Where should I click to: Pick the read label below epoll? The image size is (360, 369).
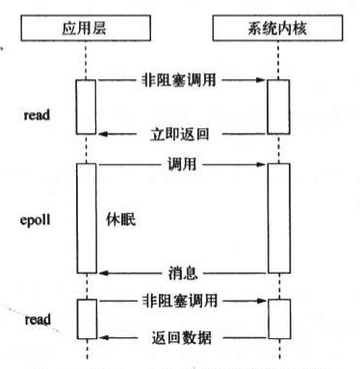click(x=36, y=318)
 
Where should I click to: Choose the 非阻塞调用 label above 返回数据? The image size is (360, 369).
click(x=180, y=301)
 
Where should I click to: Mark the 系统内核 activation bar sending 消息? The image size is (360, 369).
click(x=277, y=220)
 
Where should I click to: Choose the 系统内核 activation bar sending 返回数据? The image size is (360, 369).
click(x=277, y=318)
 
